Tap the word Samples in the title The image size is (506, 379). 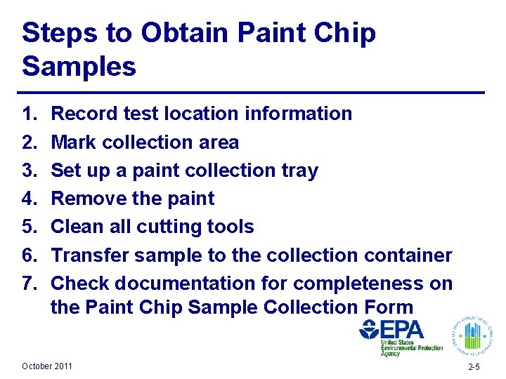[79, 67]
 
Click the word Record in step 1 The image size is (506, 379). [89, 114]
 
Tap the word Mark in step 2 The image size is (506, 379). [74, 142]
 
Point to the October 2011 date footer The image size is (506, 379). [46, 366]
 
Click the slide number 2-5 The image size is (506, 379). [474, 367]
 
